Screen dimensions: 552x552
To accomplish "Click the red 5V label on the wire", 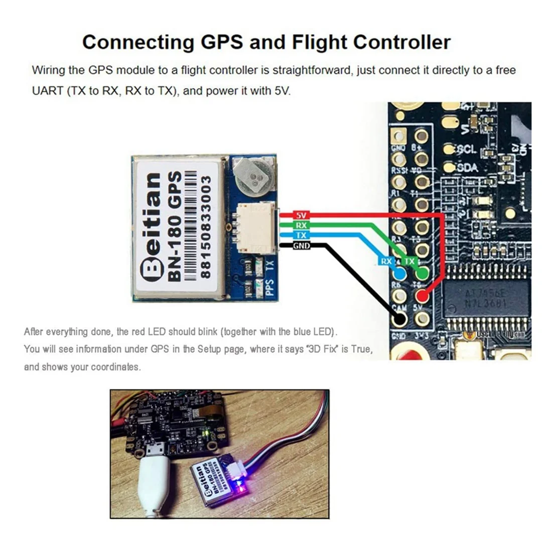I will (x=301, y=215).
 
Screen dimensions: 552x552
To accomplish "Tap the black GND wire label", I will (x=301, y=245).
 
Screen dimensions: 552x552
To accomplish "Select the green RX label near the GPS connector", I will (x=301, y=225).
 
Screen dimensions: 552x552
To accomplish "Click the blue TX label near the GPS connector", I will (x=301, y=235).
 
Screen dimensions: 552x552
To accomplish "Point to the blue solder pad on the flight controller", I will (x=400, y=274).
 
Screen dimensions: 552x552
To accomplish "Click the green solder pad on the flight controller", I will (x=423, y=273).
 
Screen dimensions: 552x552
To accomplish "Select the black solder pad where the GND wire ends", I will (x=400, y=318).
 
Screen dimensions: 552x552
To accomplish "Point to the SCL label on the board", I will (x=467, y=150).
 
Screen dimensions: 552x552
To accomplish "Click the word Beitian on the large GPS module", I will (x=151, y=226).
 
